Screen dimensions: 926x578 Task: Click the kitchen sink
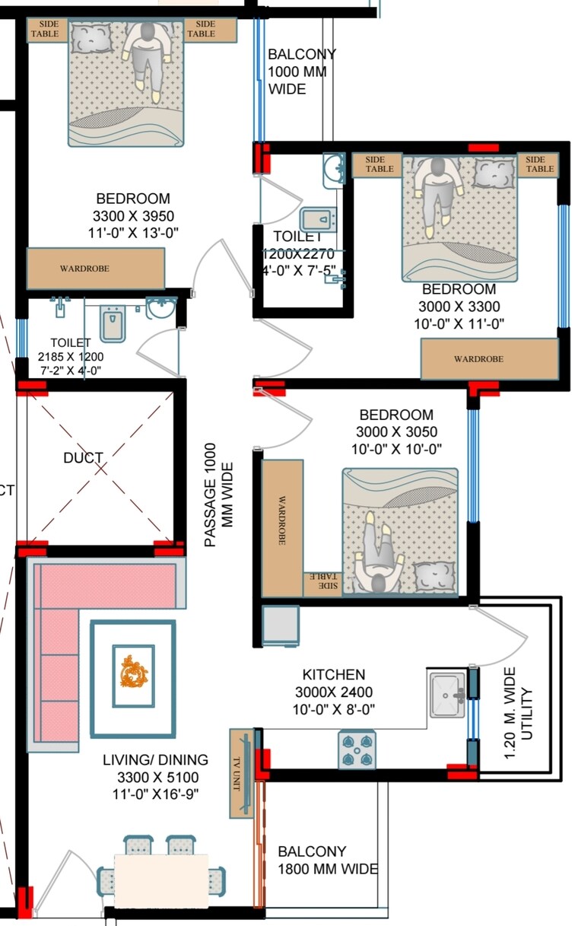[448, 694]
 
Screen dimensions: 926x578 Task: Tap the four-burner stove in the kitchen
[357, 749]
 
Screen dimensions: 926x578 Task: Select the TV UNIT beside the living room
[242, 772]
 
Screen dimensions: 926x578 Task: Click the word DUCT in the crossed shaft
[83, 458]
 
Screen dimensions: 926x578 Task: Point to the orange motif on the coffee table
[134, 674]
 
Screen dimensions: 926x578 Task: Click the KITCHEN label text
[334, 675]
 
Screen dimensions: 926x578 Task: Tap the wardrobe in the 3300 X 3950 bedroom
[96, 268]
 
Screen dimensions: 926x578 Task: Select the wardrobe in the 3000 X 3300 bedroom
[490, 358]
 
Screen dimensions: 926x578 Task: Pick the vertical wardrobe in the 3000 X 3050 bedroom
[282, 518]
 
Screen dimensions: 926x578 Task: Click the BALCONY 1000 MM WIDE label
[301, 72]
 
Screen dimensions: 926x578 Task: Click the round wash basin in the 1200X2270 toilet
[333, 169]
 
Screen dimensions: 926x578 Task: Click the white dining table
[160, 880]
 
